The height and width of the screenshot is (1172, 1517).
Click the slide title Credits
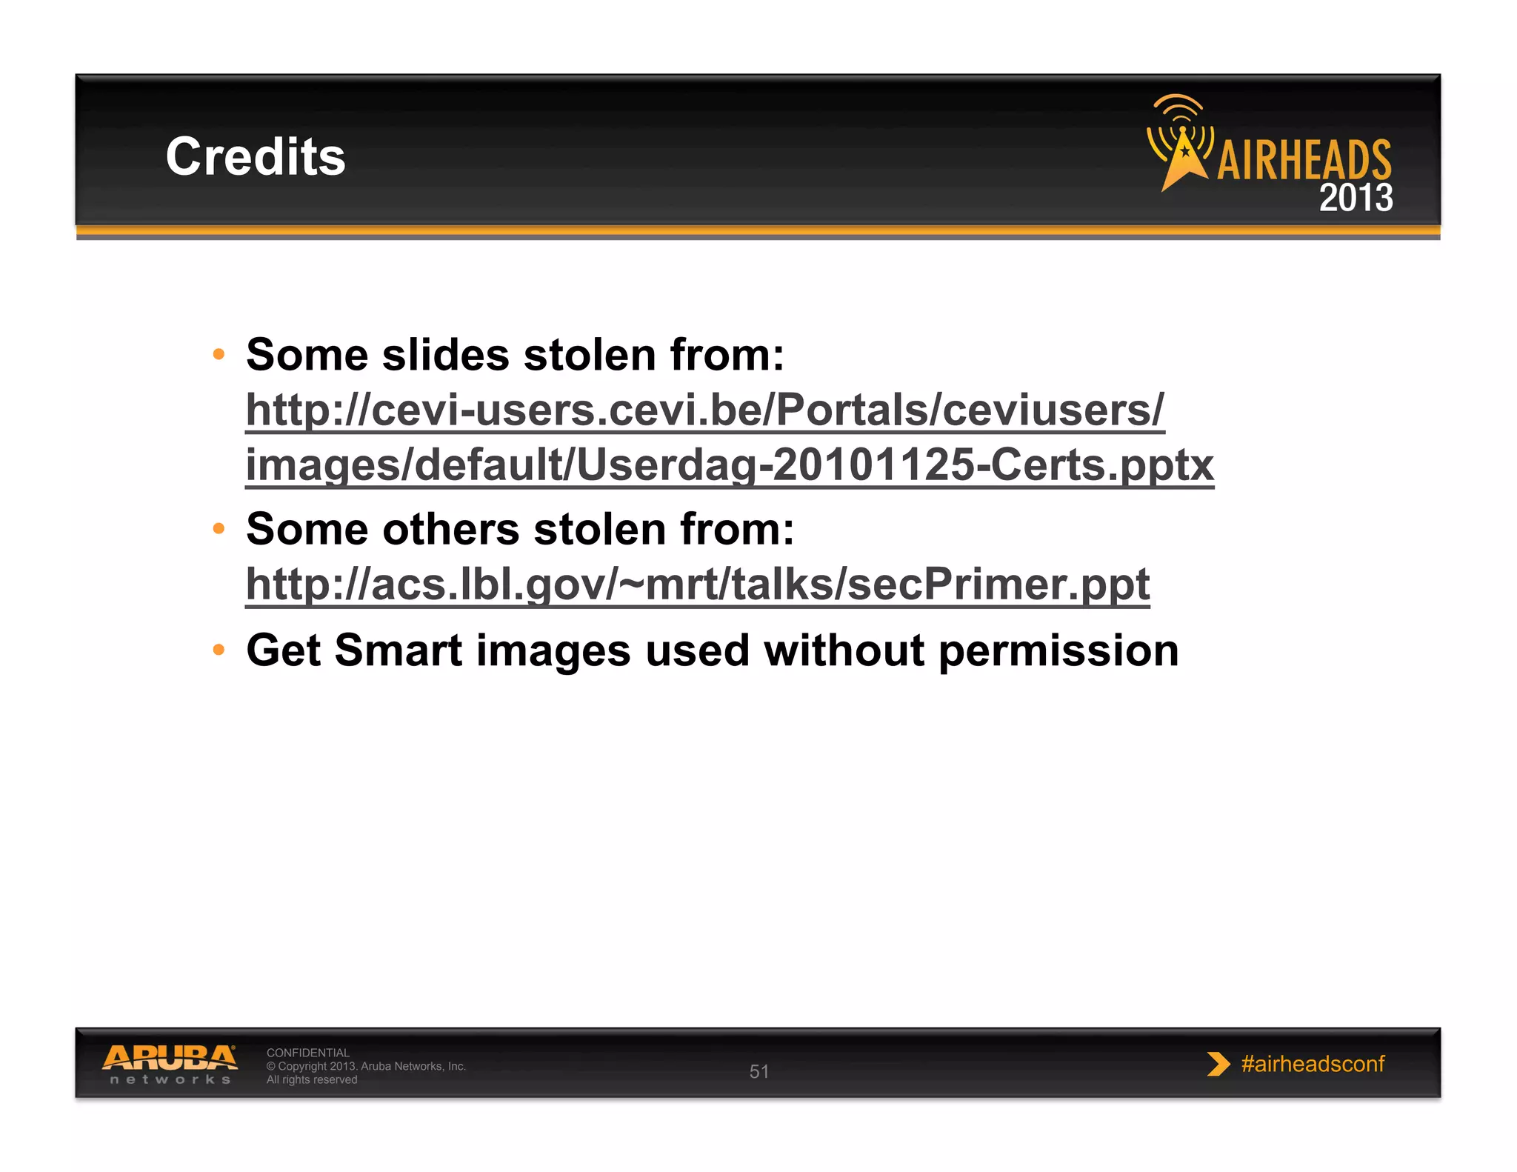click(x=256, y=157)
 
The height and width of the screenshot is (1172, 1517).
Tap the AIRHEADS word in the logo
click(x=1304, y=160)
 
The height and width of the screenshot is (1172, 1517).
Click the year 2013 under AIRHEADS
click(x=1356, y=199)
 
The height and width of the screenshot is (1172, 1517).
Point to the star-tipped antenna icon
click(x=1182, y=144)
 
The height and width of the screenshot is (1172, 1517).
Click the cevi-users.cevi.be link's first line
click(x=704, y=410)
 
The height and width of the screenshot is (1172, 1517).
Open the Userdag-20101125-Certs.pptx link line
click(x=729, y=465)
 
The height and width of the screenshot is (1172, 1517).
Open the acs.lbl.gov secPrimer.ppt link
click(x=697, y=585)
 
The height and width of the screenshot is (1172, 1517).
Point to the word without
click(x=844, y=650)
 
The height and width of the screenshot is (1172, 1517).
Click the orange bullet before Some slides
click(x=219, y=354)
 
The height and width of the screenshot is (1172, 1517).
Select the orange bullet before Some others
click(x=219, y=528)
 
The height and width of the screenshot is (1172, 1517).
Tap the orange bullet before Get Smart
click(x=219, y=650)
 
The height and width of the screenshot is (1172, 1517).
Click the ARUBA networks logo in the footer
click(x=170, y=1064)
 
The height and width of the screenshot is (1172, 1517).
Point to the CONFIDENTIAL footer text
click(x=307, y=1053)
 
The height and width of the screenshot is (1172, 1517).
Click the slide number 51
click(x=759, y=1071)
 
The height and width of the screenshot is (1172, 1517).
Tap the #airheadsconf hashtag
click(x=1313, y=1064)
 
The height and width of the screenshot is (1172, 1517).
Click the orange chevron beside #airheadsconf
click(x=1217, y=1064)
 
